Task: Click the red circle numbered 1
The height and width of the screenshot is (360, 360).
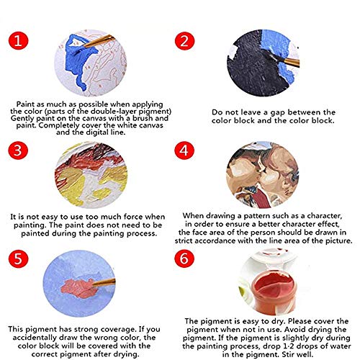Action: click(x=19, y=40)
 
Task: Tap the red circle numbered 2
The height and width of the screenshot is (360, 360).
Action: click(x=184, y=41)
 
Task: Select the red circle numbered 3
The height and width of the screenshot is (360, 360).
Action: click(x=18, y=150)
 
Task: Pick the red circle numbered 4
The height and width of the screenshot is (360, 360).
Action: click(x=184, y=150)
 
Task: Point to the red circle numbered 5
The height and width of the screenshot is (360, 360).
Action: click(x=19, y=258)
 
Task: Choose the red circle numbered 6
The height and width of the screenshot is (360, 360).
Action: click(x=184, y=258)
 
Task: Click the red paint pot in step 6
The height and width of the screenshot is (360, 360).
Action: click(x=274, y=292)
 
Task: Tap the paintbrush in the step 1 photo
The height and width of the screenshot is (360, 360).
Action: click(x=99, y=41)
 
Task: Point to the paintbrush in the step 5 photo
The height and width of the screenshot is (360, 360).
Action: click(x=103, y=282)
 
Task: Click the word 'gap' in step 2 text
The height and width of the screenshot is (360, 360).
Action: click(x=278, y=113)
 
